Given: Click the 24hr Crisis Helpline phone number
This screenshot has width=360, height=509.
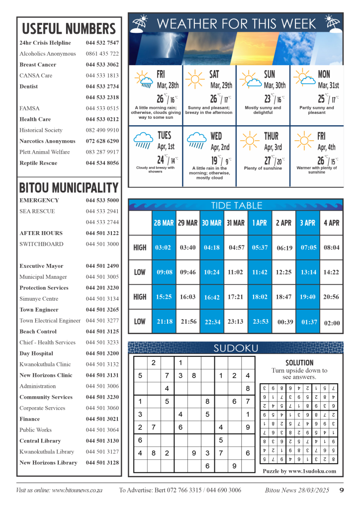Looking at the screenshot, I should [x=102, y=43].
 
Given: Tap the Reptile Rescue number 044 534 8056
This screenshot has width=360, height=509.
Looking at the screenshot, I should [x=102, y=163].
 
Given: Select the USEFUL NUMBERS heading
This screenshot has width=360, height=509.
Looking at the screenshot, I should [x=69, y=28].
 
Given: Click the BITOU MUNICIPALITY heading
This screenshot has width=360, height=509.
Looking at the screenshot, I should [x=69, y=188].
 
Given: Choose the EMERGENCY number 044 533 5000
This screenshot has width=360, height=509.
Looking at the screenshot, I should [x=102, y=200].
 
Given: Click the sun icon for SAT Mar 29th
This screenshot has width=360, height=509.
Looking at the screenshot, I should [x=194, y=79].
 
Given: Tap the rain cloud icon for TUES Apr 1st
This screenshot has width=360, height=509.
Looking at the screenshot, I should [x=143, y=141].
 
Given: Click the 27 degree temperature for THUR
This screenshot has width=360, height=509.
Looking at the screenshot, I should [x=269, y=161].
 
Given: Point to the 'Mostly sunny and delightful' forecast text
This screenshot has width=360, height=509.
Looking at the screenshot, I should [x=263, y=110].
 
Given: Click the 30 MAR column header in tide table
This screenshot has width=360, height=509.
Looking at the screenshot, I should [x=212, y=223].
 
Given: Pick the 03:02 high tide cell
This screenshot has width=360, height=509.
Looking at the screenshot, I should [x=164, y=248].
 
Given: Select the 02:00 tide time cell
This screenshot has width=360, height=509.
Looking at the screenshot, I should [x=332, y=323].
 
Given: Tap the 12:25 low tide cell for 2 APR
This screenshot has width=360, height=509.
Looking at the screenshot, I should [x=284, y=273].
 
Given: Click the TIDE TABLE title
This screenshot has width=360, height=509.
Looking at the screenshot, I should [x=235, y=205].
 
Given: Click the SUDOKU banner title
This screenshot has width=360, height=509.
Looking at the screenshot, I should [x=235, y=348].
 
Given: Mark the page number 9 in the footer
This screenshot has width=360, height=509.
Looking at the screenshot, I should [x=342, y=490].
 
